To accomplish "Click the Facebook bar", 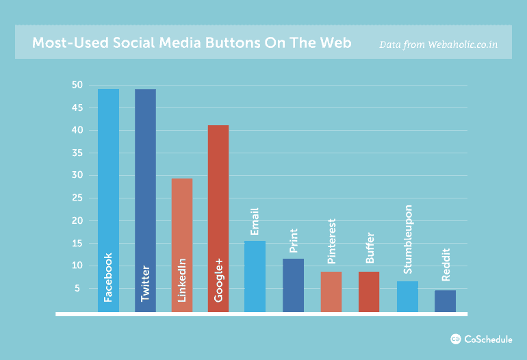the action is coord(108,201).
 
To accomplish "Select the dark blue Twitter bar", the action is coord(145,201).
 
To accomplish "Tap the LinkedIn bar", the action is coord(182,245).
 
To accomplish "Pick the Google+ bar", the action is coord(218,218).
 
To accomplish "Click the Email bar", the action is coord(255,277).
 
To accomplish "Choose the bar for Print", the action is coord(293,285).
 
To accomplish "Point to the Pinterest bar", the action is coord(331,292).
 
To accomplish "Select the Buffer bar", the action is coord(369,292).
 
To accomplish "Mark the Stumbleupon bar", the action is coord(407,296).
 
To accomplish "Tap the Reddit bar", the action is coord(445,301).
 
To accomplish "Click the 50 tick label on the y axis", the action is coord(77,85).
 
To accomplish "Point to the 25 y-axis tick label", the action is coord(77,198).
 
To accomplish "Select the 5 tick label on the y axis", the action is coord(77,288).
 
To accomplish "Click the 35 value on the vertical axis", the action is coord(77,153).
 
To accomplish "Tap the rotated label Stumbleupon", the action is coord(407,240).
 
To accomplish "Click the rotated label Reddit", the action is coord(446,265).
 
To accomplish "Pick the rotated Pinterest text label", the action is coord(331,241).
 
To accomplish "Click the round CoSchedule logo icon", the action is coord(455,339).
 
